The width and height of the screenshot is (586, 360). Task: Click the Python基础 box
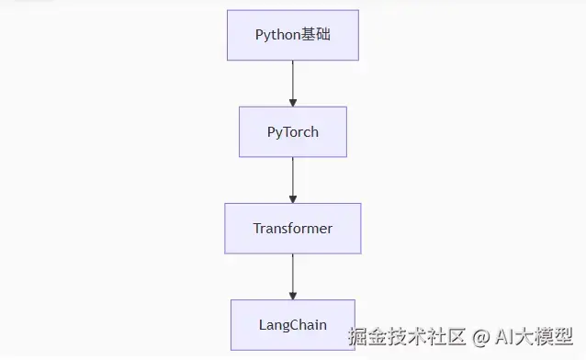(x=292, y=35)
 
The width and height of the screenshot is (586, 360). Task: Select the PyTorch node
(x=292, y=131)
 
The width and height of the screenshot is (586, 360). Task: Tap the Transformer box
(x=292, y=228)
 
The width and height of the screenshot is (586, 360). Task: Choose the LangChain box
(x=292, y=324)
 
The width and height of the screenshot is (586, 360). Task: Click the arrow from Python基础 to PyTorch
(x=292, y=81)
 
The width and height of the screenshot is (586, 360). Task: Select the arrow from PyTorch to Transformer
(x=292, y=178)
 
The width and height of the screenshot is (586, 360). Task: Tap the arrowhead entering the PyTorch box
(x=292, y=101)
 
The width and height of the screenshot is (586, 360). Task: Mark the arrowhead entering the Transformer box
(x=292, y=197)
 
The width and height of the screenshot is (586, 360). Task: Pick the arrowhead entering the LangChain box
(x=292, y=294)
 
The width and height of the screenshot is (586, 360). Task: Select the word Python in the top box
(x=278, y=35)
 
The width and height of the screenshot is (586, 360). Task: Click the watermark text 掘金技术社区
(x=406, y=337)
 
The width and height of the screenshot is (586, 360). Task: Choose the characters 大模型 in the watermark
(x=547, y=337)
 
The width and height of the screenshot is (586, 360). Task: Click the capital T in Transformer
(x=257, y=228)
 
